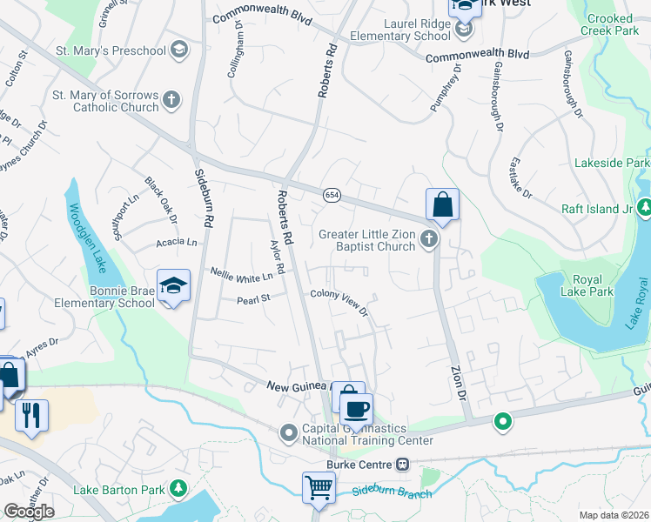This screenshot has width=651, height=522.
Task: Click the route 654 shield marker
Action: click(332, 195)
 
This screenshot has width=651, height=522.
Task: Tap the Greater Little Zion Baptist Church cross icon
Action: click(427, 238)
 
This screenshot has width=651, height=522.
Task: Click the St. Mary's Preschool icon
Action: click(180, 49)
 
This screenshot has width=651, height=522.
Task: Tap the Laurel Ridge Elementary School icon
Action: click(465, 30)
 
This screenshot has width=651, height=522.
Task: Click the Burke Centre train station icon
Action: click(402, 464)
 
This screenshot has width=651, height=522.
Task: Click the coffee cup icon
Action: click(356, 407)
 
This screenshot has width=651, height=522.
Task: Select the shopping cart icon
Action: click(318, 487)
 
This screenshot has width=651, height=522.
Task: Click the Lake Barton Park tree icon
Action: click(179, 489)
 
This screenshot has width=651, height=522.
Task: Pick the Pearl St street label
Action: click(254, 300)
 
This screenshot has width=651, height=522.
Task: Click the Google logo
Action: click(29, 512)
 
